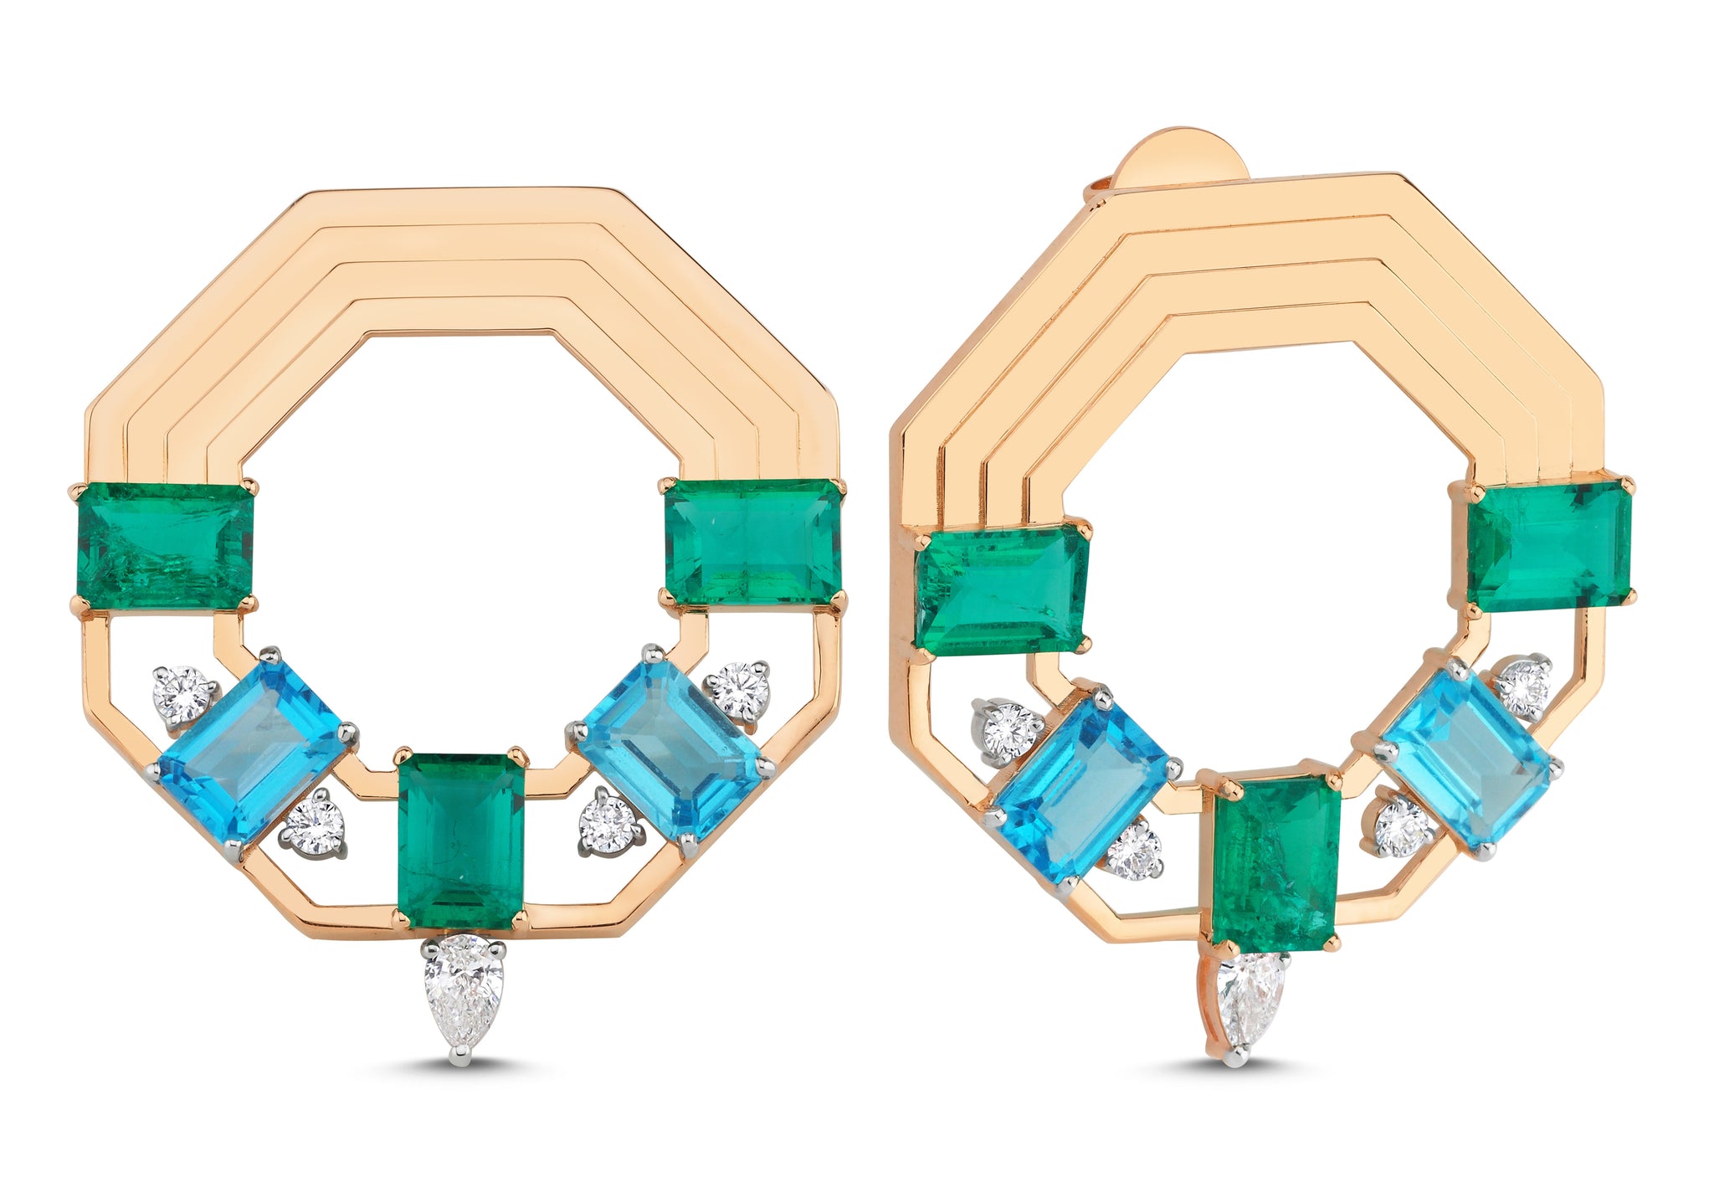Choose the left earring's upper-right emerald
pyautogui.click(x=753, y=542)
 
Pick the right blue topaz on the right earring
pyautogui.click(x=1465, y=757)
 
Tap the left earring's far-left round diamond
pyautogui.click(x=182, y=694)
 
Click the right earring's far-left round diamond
pyautogui.click(x=1007, y=731)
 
